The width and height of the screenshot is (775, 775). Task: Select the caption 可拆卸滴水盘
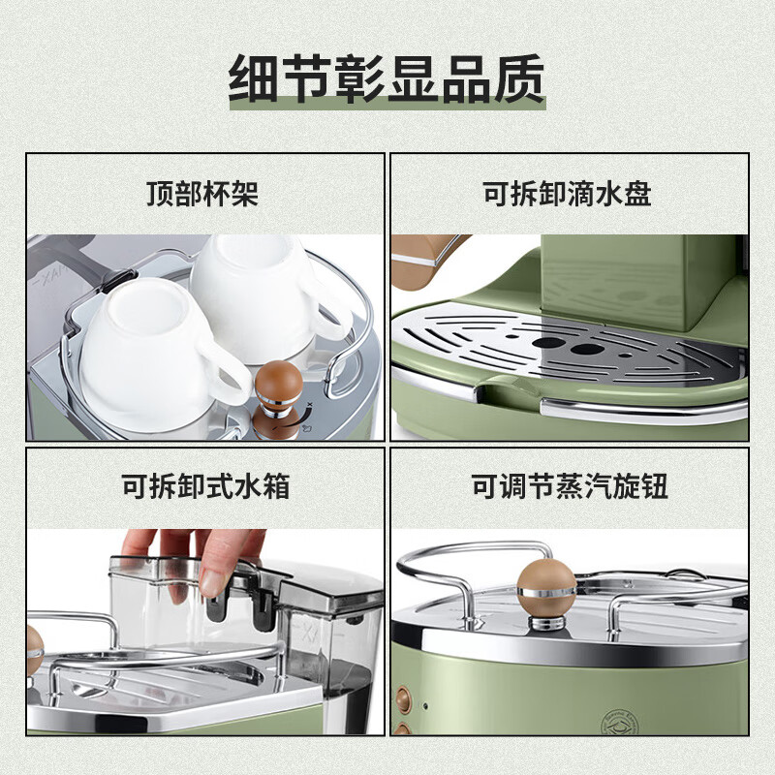click(x=568, y=194)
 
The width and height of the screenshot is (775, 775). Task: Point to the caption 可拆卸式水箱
click(x=205, y=484)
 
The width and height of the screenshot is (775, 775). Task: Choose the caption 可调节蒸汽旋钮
click(x=568, y=484)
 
